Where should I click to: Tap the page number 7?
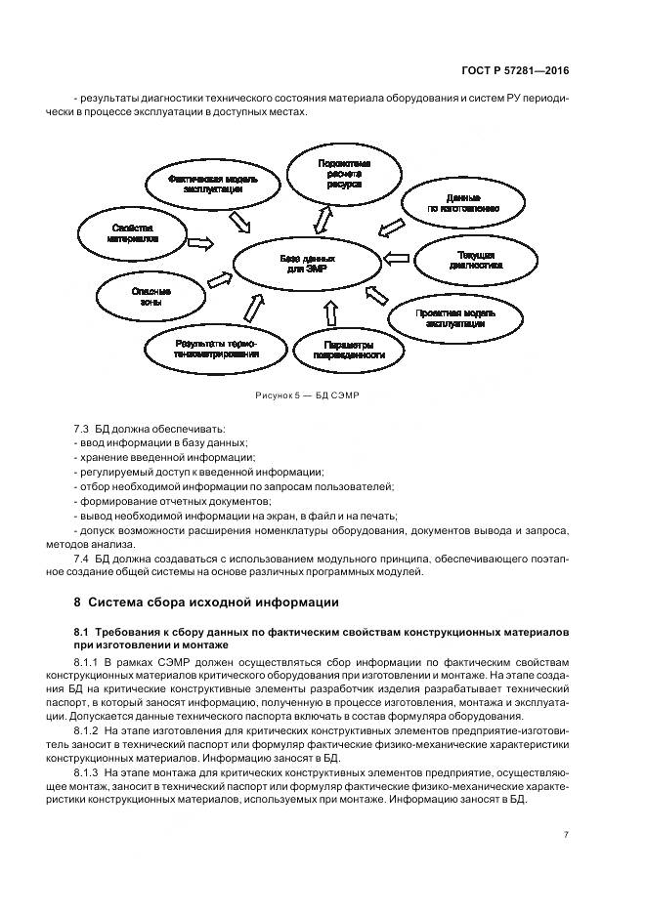566,834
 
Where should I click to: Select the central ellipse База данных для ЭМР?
307,264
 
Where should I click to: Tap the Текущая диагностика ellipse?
476,260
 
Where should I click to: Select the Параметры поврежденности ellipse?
346,351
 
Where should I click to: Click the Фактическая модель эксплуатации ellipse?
205,186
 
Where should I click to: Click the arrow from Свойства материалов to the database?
200,241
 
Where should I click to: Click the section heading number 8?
78,601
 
